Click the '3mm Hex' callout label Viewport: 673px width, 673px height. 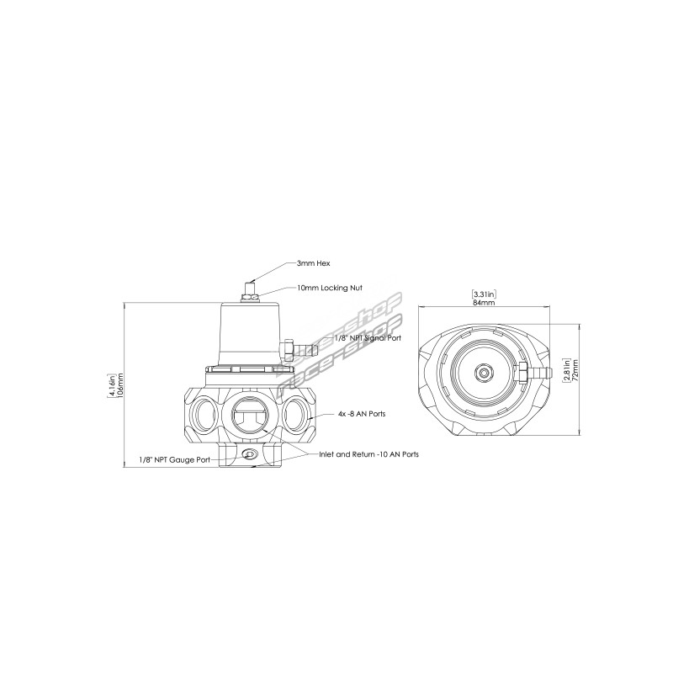[313, 263]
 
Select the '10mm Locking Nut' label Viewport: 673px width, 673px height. [330, 288]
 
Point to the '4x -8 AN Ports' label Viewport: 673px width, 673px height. [362, 414]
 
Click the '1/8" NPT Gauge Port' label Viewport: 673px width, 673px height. [174, 459]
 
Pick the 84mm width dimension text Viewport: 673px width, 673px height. [484, 302]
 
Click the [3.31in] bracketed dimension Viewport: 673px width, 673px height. [485, 294]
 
